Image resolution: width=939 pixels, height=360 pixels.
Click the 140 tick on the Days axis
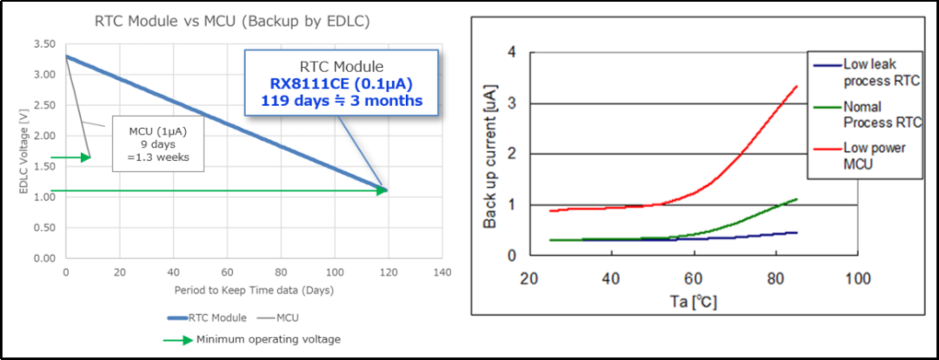(442, 272)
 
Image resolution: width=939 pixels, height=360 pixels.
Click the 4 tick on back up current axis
(511, 53)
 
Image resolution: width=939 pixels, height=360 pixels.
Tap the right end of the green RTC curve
(796, 199)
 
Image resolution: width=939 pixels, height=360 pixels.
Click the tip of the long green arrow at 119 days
(386, 190)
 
